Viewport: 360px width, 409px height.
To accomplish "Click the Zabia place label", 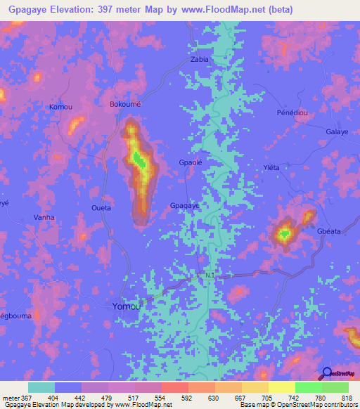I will (x=200, y=60).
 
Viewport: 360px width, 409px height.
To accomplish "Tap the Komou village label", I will (x=60, y=107).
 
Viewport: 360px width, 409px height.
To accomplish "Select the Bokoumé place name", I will (x=124, y=104).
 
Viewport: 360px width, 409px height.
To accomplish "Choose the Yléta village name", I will (x=271, y=167).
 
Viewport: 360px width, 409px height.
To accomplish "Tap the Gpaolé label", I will (x=191, y=162).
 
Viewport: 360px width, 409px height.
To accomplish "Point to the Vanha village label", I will (x=44, y=218).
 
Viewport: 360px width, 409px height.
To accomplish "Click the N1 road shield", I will (x=210, y=275).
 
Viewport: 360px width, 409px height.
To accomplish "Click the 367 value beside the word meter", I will (x=22, y=397).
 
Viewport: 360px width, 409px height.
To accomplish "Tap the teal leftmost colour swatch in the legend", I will (x=41, y=387).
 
